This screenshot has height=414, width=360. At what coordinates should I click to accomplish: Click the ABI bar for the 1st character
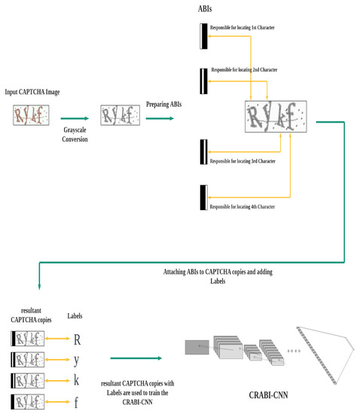click(x=202, y=35)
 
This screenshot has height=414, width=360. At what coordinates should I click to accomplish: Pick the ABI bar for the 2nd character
click(x=202, y=79)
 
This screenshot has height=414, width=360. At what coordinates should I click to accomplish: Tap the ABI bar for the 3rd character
click(x=202, y=150)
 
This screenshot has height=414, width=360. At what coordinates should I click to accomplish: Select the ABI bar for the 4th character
click(x=202, y=197)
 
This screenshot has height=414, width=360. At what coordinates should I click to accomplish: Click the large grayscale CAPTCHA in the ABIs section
click(x=277, y=115)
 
